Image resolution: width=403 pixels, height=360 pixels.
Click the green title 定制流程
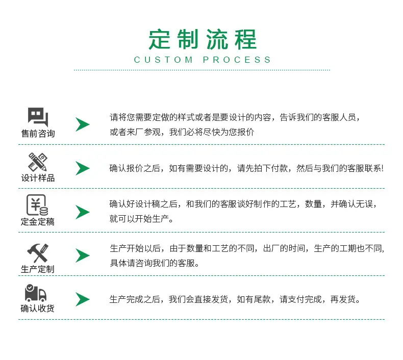203,39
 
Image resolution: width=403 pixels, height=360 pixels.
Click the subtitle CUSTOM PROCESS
203,60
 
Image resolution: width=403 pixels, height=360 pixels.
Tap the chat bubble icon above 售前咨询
38,117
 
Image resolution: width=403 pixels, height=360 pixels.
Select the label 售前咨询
38,134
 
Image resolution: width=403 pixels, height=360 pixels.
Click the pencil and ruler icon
38,162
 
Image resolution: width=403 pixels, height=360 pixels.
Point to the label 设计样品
38,178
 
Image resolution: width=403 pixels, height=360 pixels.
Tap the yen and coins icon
37,205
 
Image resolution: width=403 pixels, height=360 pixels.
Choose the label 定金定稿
38,221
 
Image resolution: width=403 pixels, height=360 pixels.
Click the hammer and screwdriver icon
38,253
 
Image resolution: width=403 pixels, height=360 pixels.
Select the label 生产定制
38,269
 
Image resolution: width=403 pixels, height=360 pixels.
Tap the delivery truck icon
36,293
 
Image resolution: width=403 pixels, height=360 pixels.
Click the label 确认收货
38,308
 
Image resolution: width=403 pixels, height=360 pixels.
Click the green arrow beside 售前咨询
82,124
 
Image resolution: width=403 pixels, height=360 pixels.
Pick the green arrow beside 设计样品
82,168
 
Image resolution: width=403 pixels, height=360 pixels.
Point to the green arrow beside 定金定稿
82,212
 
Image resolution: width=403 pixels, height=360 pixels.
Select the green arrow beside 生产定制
82,255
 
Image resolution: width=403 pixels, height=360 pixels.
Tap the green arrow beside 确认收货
82,299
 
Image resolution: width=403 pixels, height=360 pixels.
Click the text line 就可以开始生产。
141,219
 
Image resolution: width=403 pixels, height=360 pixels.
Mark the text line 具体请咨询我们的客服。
155,263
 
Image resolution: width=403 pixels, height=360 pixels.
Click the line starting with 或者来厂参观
182,132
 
